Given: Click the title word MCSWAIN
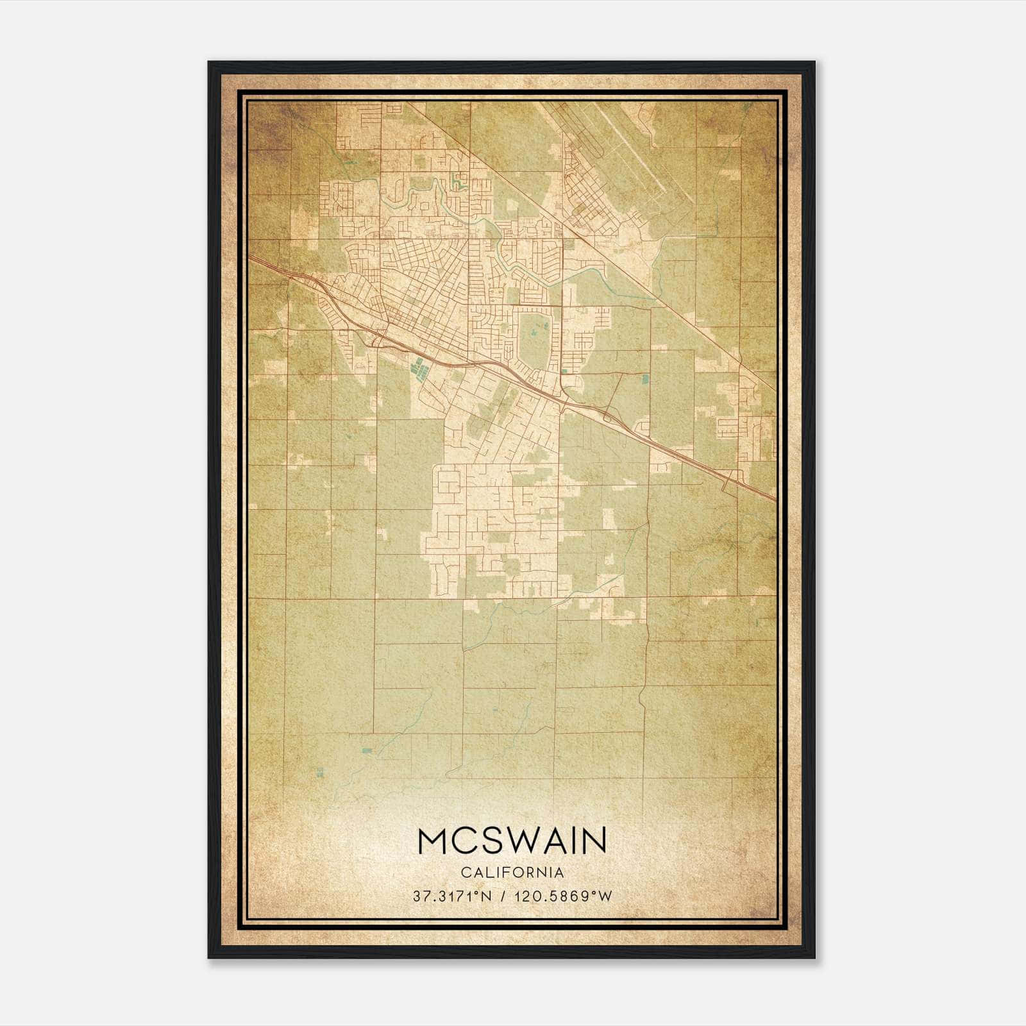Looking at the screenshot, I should coord(512,841).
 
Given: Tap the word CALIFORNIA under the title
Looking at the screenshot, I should coord(512,873).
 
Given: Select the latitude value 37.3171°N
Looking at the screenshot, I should coord(453,896).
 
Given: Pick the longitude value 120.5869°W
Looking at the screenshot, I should coord(566,896).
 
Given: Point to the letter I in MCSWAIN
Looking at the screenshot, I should coord(570,841).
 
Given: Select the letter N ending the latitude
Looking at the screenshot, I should coord(488,896).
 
